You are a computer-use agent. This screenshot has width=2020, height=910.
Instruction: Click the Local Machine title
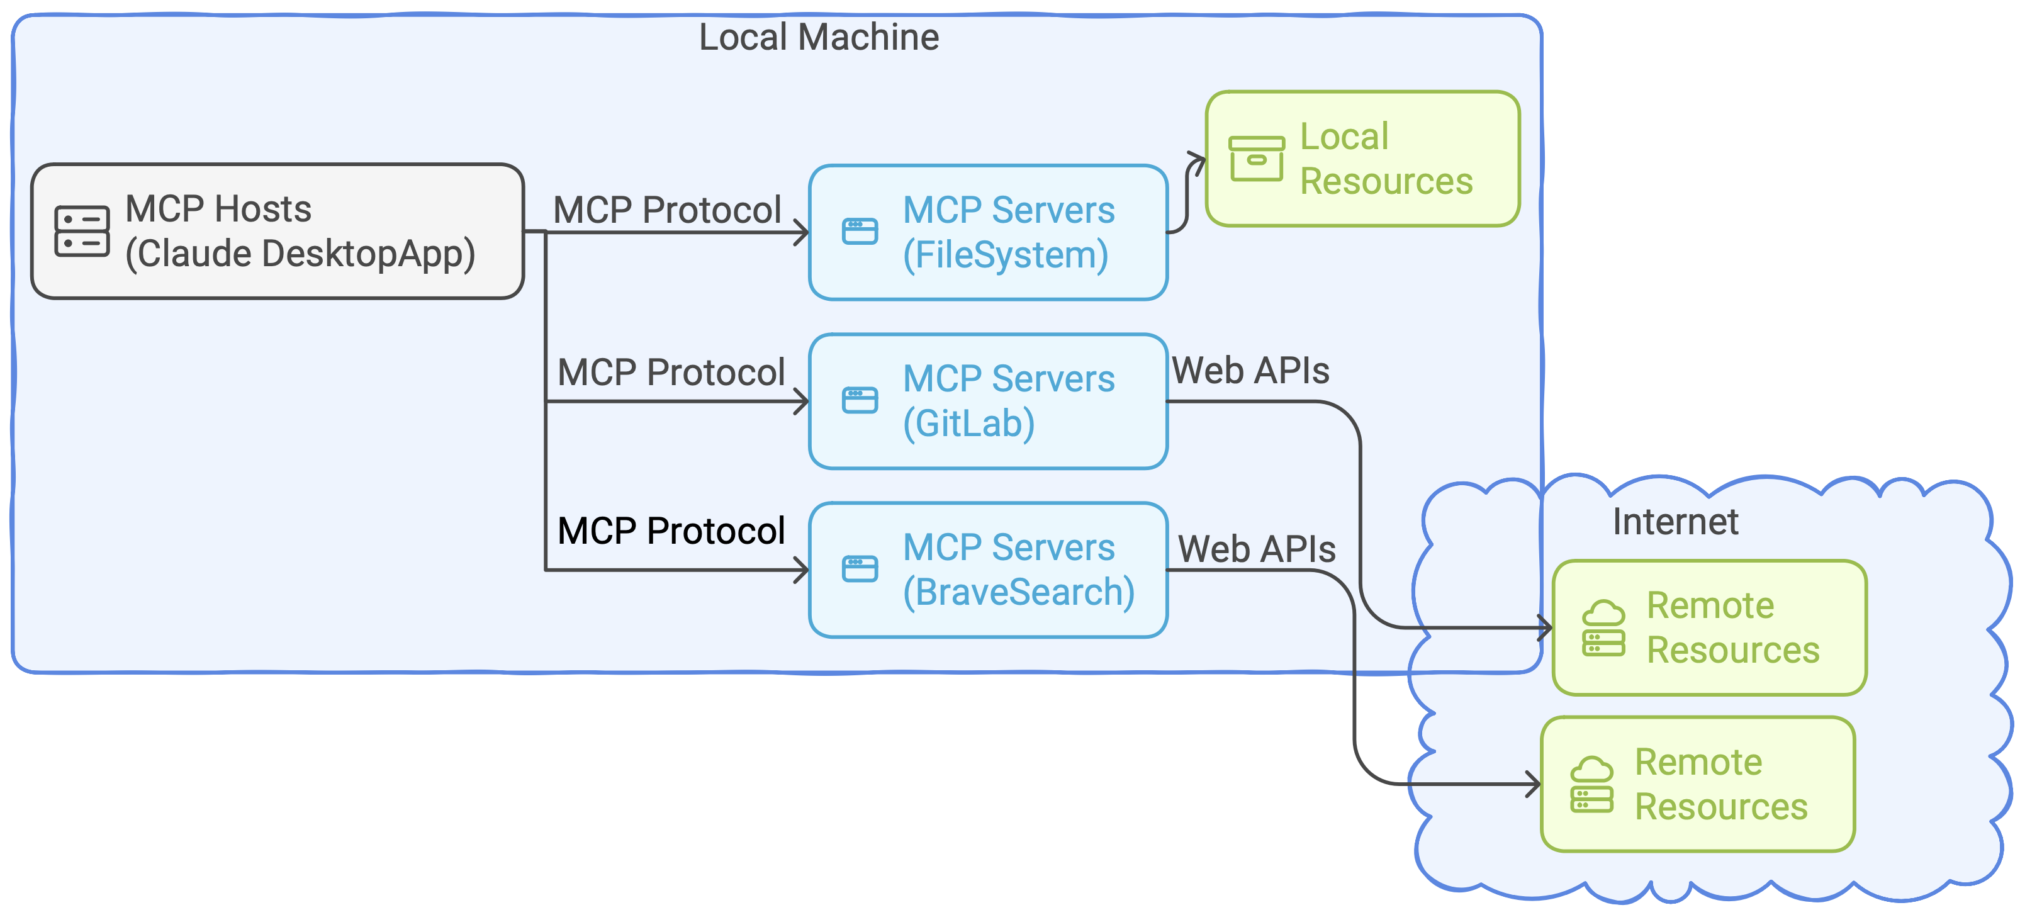point(819,37)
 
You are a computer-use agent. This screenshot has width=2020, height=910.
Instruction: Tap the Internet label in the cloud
point(1675,522)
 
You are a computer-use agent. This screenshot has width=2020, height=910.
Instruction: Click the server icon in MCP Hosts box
point(82,232)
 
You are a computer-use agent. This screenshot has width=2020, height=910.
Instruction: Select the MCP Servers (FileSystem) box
point(988,232)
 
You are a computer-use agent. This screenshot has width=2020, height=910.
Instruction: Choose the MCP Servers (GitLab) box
point(988,402)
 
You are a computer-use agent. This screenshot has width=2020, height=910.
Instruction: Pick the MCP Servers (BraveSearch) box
point(988,570)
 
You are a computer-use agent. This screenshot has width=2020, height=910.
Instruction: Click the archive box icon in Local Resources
point(1256,159)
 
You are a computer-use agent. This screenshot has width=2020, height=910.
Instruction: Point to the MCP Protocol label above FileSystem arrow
point(667,210)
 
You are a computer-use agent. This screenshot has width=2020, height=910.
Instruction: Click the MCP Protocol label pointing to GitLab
point(671,373)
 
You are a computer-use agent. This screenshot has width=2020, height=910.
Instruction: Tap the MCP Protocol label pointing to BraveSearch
point(671,531)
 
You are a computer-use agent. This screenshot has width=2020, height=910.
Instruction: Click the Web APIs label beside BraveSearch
point(1257,549)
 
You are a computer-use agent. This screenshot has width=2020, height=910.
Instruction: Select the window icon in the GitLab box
point(860,400)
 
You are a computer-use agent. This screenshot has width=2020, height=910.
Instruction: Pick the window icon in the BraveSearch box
point(860,569)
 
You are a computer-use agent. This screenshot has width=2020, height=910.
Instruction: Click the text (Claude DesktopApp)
point(300,255)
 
